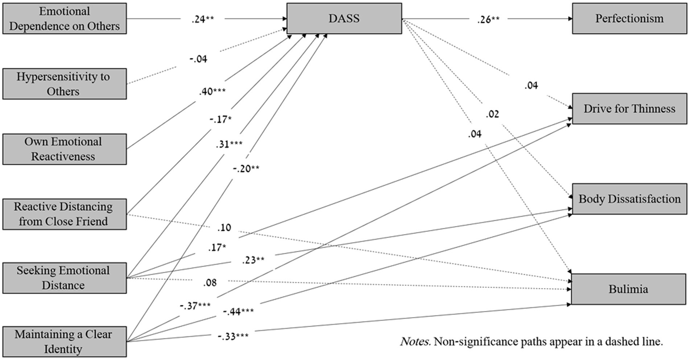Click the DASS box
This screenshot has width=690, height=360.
click(x=344, y=18)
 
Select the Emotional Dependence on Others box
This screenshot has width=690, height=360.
click(x=64, y=18)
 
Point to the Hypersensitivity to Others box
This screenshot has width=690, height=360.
click(x=64, y=84)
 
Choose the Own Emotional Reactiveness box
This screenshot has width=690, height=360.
click(x=64, y=149)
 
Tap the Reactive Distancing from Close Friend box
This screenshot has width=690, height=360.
click(x=64, y=214)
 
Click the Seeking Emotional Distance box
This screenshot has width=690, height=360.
click(x=64, y=278)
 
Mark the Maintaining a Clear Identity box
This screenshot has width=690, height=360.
click(x=64, y=342)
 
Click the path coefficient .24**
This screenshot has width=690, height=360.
click(x=200, y=19)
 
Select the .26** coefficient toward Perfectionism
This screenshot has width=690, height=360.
click(x=488, y=19)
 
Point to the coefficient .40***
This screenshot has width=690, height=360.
click(x=212, y=92)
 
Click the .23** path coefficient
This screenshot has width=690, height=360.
click(x=253, y=259)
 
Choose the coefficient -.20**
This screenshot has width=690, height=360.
click(x=246, y=169)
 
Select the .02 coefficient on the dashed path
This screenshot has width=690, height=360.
click(x=492, y=114)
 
